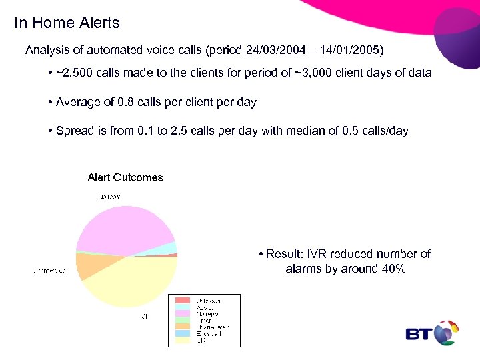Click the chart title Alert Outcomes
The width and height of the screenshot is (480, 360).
[125, 177]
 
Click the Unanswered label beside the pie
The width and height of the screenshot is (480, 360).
[49, 271]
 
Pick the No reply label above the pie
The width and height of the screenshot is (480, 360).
[109, 196]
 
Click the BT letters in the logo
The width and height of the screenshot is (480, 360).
[419, 333]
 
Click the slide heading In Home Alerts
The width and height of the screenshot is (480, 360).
[67, 23]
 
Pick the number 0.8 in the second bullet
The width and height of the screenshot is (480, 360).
[125, 102]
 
